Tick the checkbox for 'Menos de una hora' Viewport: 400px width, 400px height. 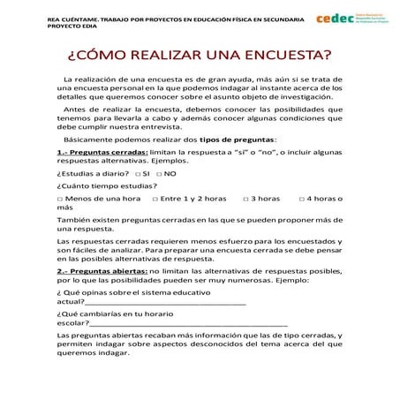(x=58, y=199)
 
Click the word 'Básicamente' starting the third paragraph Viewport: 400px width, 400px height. (x=91, y=139)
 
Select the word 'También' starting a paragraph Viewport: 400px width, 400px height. (x=73, y=219)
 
